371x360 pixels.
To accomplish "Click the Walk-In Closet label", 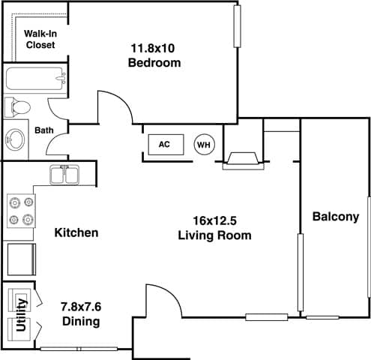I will (40, 39).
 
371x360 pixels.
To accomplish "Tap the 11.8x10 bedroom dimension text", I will (154, 48).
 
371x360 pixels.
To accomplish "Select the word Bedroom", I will (154, 63).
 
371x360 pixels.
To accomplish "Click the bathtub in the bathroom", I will (35, 79).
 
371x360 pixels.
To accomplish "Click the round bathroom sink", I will (16, 139).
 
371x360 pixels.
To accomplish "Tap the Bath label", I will (44, 130).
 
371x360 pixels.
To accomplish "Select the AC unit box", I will (163, 144).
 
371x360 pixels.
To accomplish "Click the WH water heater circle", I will (203, 144).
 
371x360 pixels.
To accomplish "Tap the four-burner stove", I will (20, 211).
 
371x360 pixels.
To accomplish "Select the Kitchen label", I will (76, 232).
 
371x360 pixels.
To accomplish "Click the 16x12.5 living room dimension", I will (214, 220).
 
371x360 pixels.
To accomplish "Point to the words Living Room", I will (214, 235).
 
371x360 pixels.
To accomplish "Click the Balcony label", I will (335, 217).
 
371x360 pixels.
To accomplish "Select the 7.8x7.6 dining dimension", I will (80, 307).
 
